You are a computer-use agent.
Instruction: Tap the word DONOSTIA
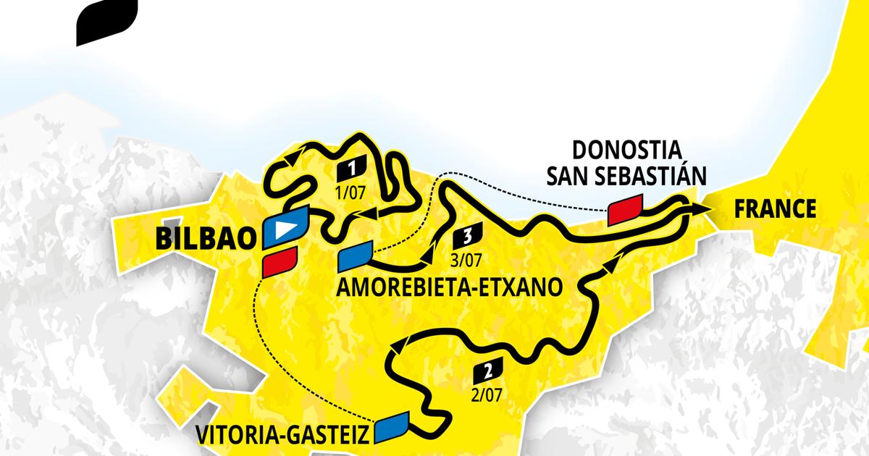click(626, 150)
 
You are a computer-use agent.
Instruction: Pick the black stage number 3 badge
click(466, 235)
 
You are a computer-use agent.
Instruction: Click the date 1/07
click(350, 192)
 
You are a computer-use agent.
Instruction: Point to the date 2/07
click(486, 394)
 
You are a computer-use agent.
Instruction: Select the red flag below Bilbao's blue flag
click(280, 262)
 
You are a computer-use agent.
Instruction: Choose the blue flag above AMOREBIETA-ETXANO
click(355, 258)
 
